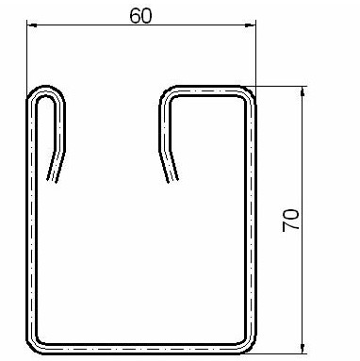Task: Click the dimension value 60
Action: pyautogui.click(x=140, y=16)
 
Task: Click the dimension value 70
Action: pyautogui.click(x=290, y=221)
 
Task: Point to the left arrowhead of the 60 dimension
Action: pyautogui.click(x=32, y=25)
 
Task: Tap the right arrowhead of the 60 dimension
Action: pyautogui.click(x=251, y=25)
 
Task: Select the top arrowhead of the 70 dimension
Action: pyautogui.click(x=303, y=91)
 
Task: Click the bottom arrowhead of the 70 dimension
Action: pyautogui.click(x=303, y=349)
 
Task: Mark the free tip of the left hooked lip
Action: pyautogui.click(x=51, y=181)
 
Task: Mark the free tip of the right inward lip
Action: pyautogui.click(x=173, y=181)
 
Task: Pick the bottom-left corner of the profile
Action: pyautogui.click(x=31, y=349)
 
